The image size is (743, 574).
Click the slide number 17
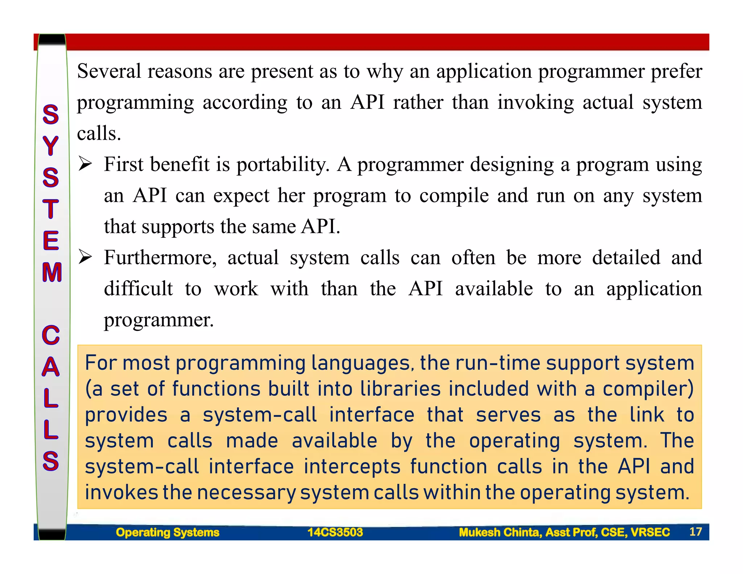695,532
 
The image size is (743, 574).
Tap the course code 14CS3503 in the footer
335,532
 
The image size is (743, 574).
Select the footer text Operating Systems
168,532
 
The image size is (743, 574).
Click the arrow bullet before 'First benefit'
86,165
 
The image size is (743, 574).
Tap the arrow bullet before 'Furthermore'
86,258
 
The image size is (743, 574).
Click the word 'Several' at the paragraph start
109,71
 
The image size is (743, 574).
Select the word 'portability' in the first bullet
283,165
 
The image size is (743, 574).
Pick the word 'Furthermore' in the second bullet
160,258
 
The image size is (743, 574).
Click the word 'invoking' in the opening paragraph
535,103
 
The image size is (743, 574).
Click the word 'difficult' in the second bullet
138,289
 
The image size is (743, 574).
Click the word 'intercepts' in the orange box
352,467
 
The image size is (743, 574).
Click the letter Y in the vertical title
51,146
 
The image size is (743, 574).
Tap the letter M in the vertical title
52,272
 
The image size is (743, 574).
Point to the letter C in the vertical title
51,335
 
